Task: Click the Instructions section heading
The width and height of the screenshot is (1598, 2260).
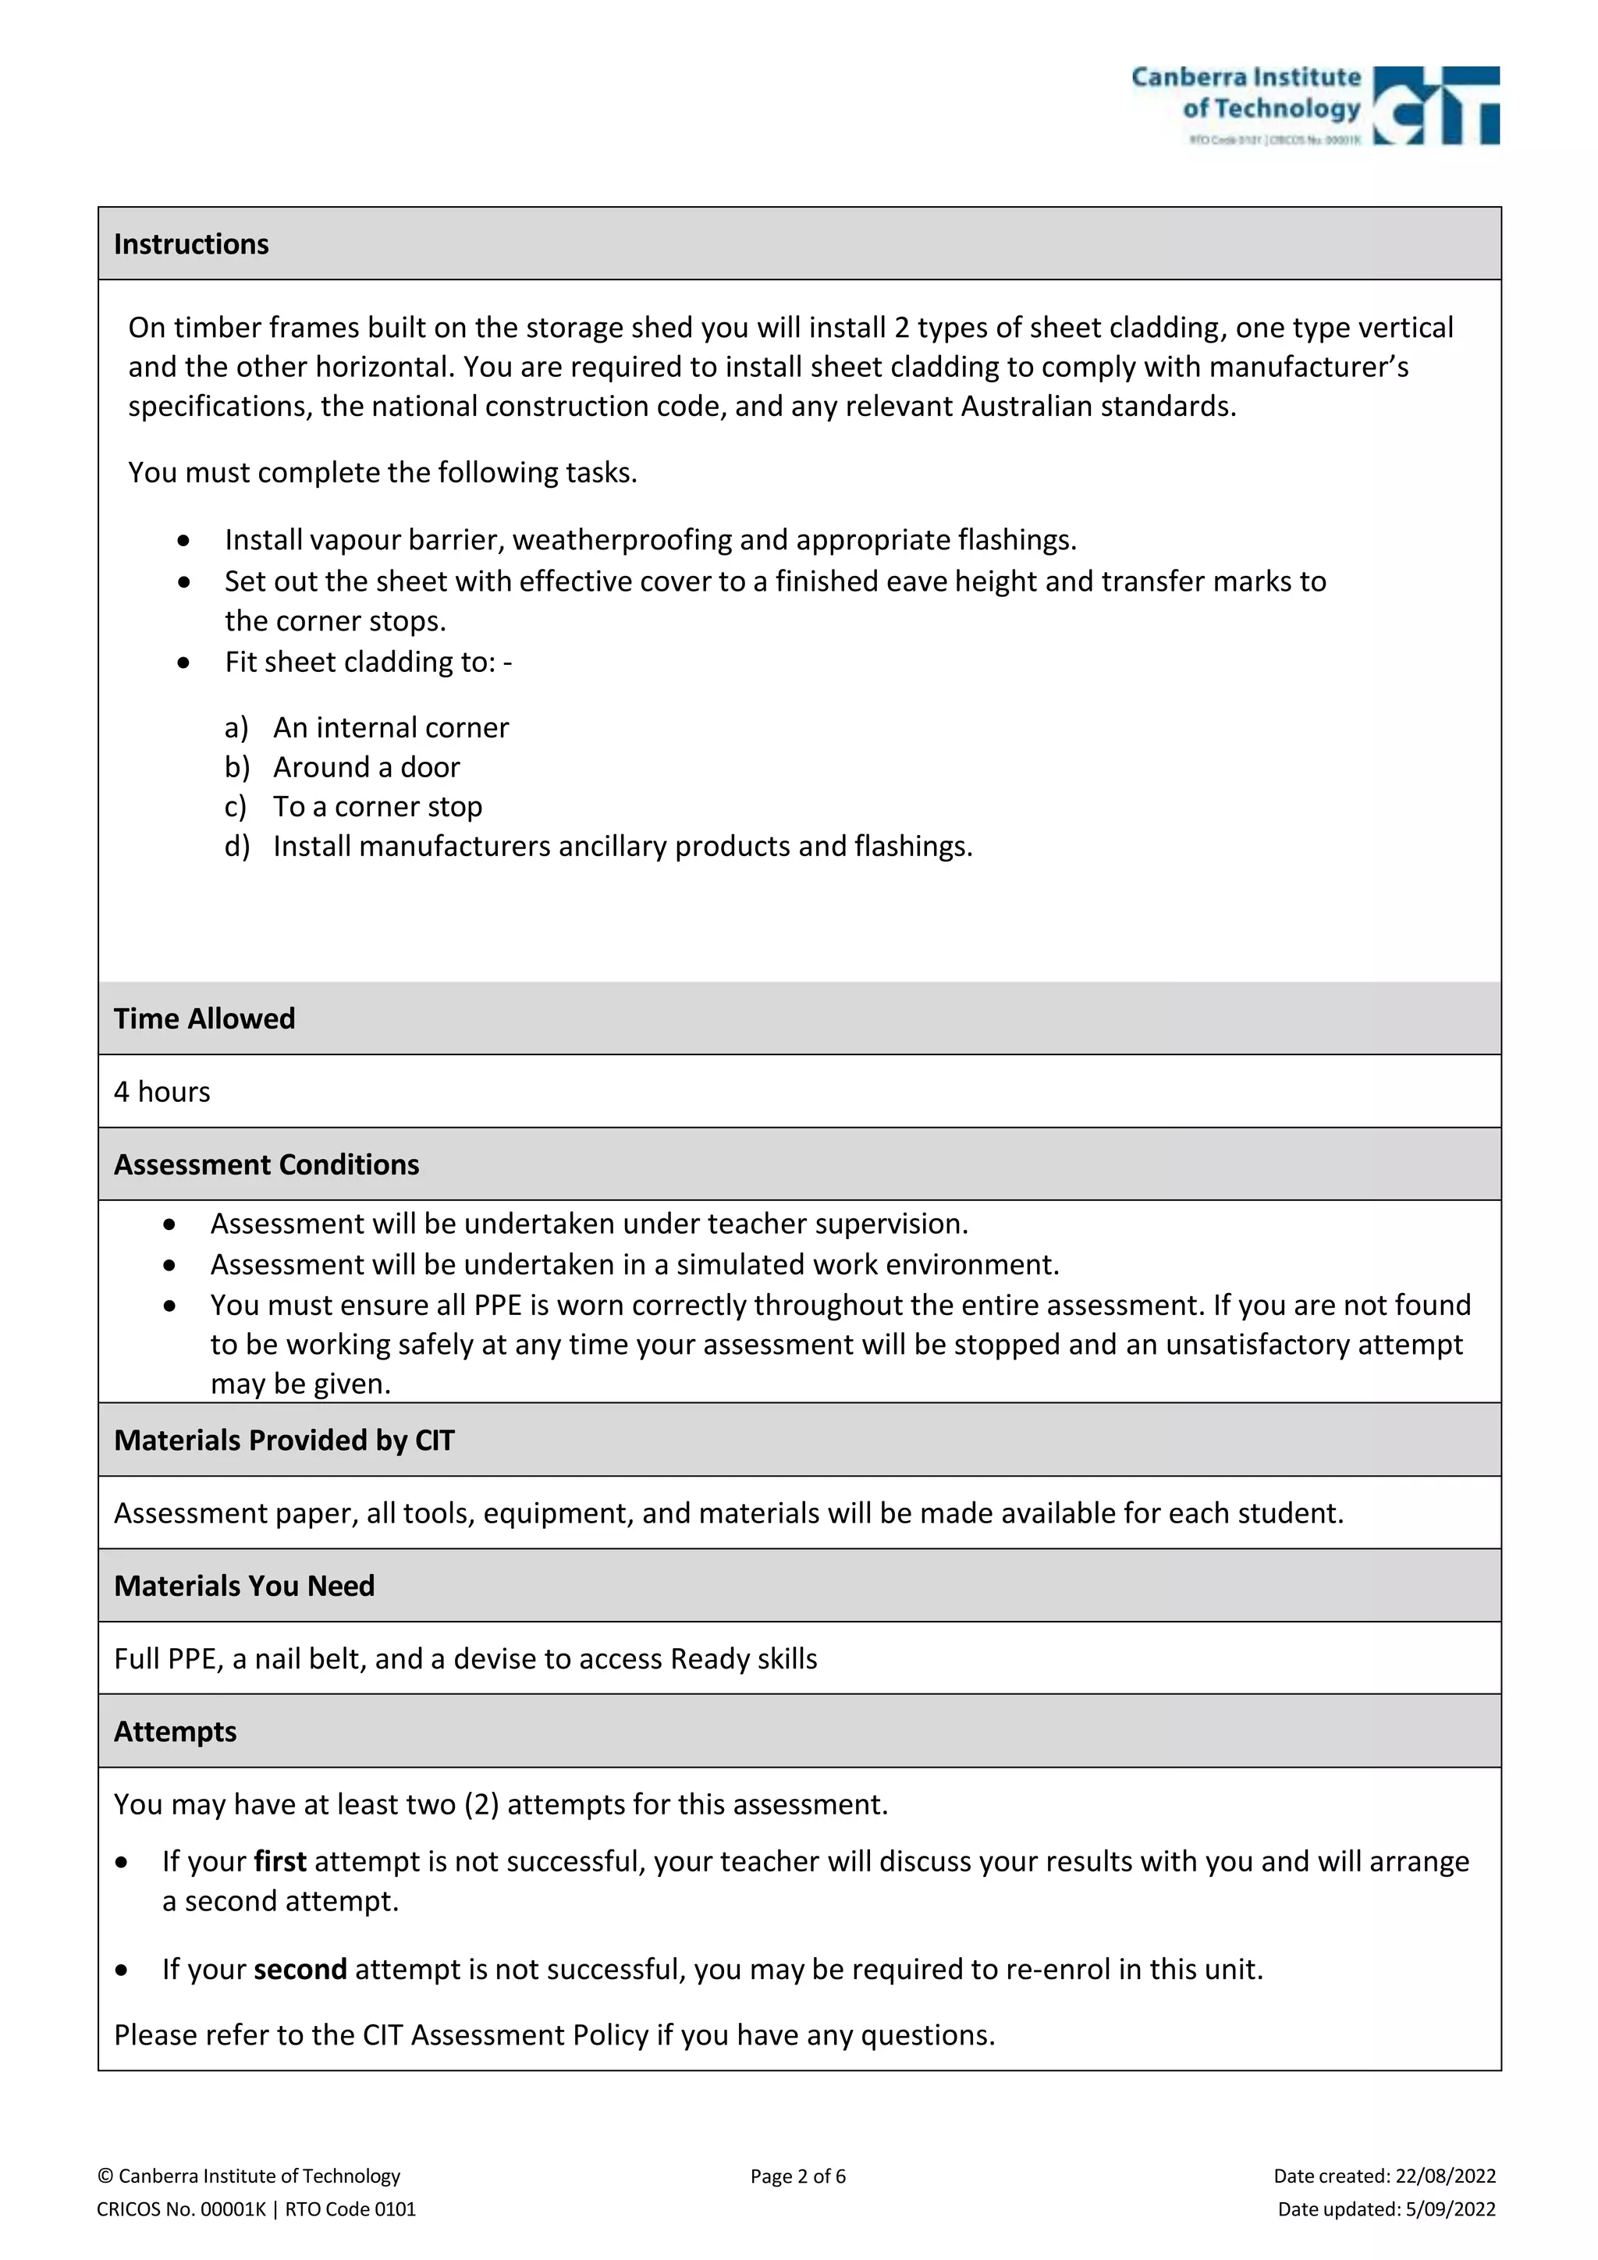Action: pos(191,244)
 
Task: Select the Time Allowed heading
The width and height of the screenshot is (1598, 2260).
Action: pos(204,1018)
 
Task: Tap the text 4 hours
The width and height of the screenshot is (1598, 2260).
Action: pos(162,1092)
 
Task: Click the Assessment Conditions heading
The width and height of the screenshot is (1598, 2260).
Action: pos(265,1164)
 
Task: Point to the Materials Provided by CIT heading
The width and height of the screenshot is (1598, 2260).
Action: pos(283,1440)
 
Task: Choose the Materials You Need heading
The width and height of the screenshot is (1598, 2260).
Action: pos(244,1586)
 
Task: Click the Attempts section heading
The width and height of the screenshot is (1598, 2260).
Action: pos(175,1732)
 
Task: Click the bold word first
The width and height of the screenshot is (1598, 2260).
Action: pos(279,1861)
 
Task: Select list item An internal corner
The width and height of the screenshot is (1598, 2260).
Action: pos(391,727)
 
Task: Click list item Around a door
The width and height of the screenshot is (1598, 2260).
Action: pos(366,767)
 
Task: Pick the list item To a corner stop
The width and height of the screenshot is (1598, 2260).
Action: pos(378,806)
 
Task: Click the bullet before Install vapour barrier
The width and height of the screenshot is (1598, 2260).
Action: pos(184,540)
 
